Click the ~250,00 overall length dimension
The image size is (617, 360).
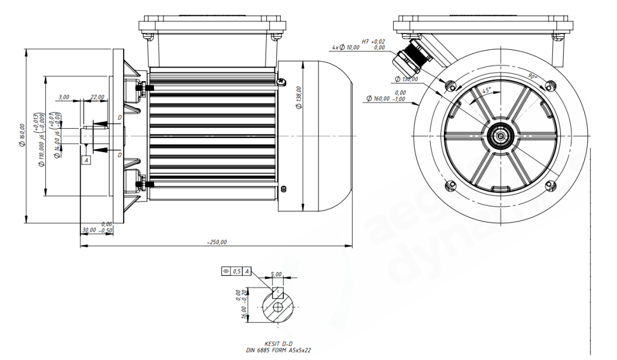point(217,242)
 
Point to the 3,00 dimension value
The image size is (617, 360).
point(63,97)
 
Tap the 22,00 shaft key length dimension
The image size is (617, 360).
point(97,97)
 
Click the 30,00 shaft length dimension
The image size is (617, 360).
point(89,231)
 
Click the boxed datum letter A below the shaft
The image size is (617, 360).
point(86,161)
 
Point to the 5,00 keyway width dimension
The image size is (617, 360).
point(276,274)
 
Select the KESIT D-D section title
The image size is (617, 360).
point(278,344)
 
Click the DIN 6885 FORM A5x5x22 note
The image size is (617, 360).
point(278,350)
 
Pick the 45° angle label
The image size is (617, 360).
point(486,90)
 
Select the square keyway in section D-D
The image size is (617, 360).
point(278,292)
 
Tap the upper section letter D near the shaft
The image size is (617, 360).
point(119,118)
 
